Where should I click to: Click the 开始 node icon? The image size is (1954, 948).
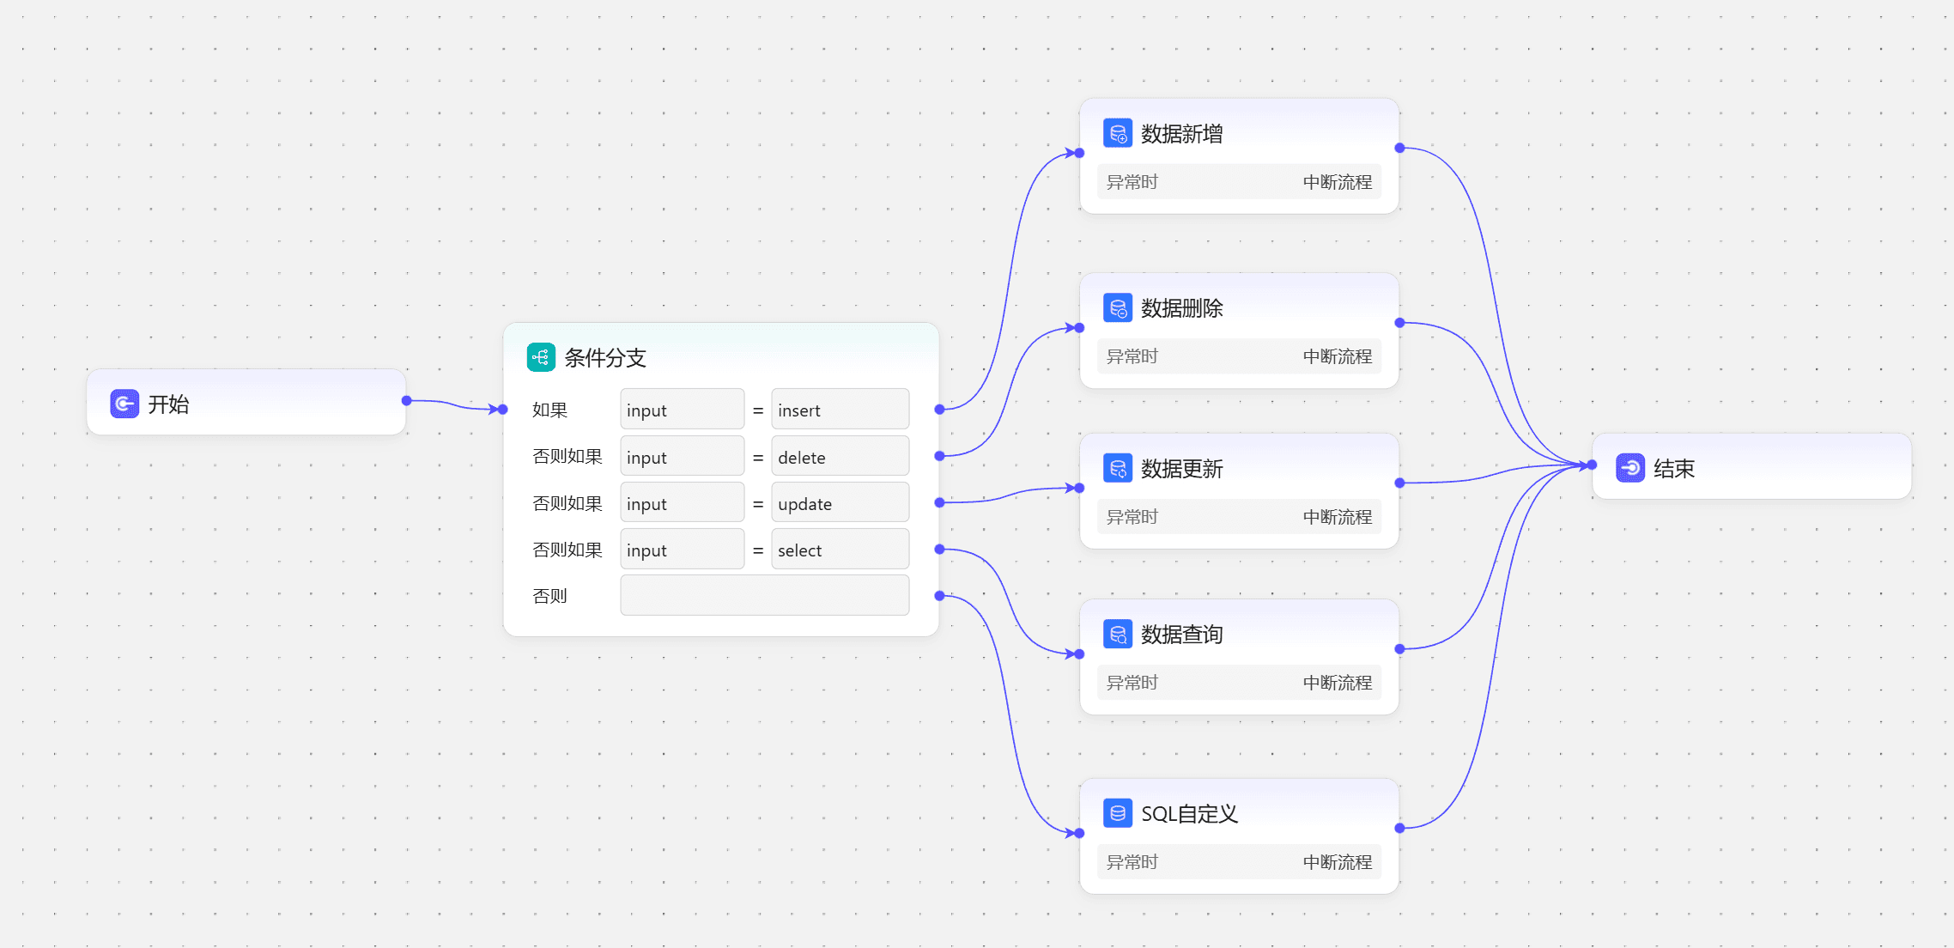pyautogui.click(x=124, y=404)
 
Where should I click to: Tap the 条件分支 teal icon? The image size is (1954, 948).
pyautogui.click(x=541, y=357)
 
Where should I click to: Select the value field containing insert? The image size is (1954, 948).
pyautogui.click(x=840, y=410)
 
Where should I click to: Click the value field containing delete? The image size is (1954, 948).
pyautogui.click(x=840, y=456)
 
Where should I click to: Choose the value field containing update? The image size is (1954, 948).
pyautogui.click(x=840, y=502)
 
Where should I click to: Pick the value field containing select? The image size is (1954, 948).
pyautogui.click(x=840, y=549)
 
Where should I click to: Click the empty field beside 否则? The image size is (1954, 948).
pyautogui.click(x=764, y=595)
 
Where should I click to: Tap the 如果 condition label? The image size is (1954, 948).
pyautogui.click(x=549, y=410)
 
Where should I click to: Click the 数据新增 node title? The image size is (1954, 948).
pyautogui.click(x=1181, y=134)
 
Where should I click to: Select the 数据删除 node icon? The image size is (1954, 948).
pyautogui.click(x=1118, y=308)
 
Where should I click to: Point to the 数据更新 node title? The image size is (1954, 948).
pyautogui.click(x=1181, y=469)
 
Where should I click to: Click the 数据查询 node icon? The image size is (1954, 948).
pyautogui.click(x=1118, y=635)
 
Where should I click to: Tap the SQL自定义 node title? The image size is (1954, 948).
pyautogui.click(x=1189, y=814)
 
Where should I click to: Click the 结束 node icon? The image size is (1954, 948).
pyautogui.click(x=1630, y=468)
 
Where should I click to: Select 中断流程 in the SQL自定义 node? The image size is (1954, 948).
pyautogui.click(x=1337, y=862)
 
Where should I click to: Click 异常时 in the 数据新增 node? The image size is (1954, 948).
pyautogui.click(x=1132, y=182)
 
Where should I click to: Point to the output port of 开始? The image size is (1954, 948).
pyautogui.click(x=407, y=401)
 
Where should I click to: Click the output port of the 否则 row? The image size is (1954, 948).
pyautogui.click(x=939, y=595)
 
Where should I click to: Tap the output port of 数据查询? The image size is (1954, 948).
pyautogui.click(x=1399, y=649)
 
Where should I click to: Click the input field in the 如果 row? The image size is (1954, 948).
pyautogui.click(x=682, y=410)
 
